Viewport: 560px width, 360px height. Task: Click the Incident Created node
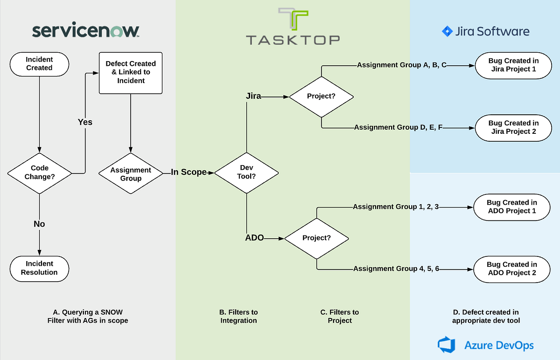[39, 63]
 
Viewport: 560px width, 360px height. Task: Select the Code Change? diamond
[40, 173]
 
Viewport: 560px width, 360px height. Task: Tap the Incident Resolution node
[39, 268]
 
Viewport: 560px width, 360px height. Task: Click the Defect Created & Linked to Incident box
[131, 72]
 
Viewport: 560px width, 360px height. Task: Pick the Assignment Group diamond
[131, 174]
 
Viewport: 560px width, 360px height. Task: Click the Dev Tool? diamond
[246, 173]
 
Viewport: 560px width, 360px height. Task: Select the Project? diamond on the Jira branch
[321, 97]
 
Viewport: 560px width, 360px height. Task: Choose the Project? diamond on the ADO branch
[316, 238]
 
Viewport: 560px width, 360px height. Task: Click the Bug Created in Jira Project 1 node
[513, 65]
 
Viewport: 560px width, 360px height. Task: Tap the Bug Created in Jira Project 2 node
[513, 127]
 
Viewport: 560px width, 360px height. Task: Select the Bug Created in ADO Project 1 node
[511, 207]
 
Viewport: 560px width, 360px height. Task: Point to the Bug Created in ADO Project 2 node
[511, 269]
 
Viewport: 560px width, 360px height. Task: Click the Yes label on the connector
[85, 122]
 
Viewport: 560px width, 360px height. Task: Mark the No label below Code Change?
[39, 224]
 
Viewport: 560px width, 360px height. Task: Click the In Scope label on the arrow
[189, 172]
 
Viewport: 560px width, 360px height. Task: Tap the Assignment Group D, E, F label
[398, 127]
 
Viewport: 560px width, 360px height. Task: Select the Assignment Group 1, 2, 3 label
[396, 207]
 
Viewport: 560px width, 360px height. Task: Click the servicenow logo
[86, 31]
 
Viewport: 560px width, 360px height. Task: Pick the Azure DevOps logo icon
[447, 345]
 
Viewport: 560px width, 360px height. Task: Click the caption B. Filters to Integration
[238, 316]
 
